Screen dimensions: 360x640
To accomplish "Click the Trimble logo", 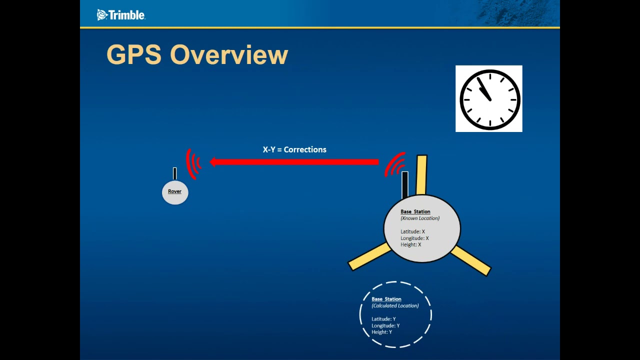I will [x=121, y=15].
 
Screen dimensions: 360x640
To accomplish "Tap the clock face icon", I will [x=489, y=98].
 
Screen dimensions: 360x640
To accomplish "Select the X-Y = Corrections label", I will [x=294, y=149].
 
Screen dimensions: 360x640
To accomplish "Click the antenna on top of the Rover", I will [x=174, y=173].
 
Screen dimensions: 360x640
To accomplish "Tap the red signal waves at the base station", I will [x=395, y=164].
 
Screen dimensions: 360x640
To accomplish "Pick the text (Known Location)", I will [x=420, y=218].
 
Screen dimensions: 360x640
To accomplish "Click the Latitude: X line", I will [x=412, y=231].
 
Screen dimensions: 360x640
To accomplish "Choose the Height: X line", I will [x=410, y=244].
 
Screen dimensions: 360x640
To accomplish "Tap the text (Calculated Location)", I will [x=395, y=305].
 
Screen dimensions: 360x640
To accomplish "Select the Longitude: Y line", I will [x=385, y=325].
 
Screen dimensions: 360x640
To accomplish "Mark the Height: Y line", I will [x=381, y=332].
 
